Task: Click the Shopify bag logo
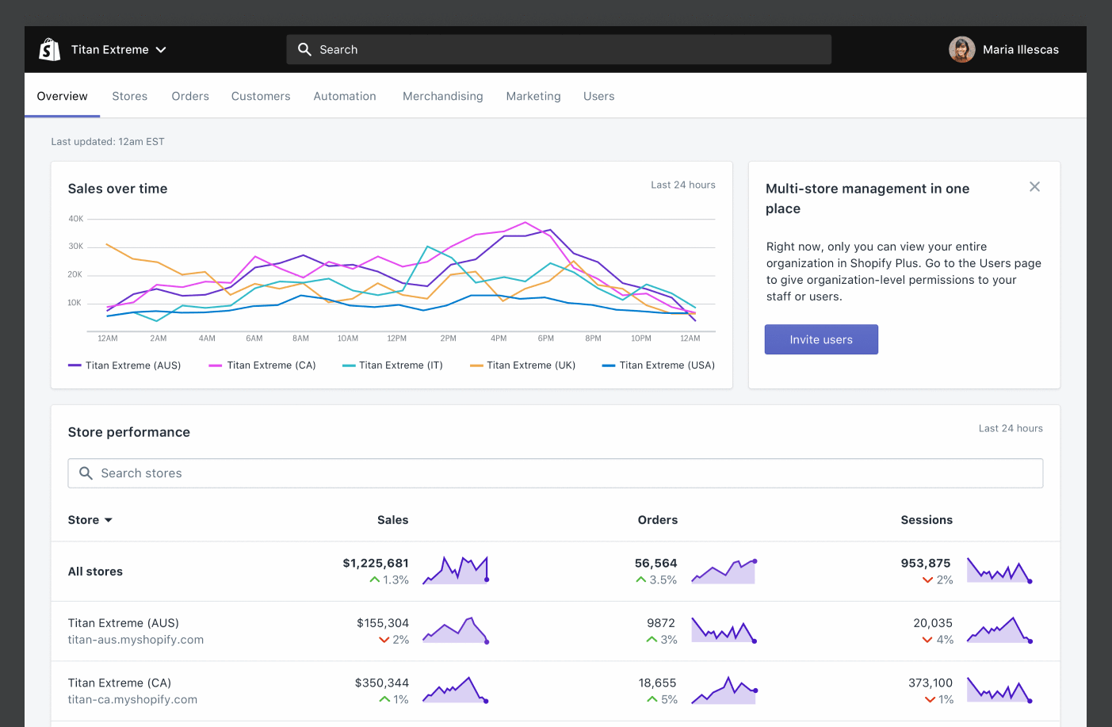point(50,49)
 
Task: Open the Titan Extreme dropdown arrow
point(161,50)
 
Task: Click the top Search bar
point(558,49)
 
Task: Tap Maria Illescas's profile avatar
point(961,49)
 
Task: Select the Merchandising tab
point(442,96)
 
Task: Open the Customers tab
point(261,96)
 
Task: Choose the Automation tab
point(345,96)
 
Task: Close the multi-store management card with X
point(1034,187)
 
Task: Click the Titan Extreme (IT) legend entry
point(392,365)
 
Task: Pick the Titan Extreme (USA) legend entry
point(659,365)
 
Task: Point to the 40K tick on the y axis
point(75,219)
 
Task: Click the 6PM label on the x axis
point(546,339)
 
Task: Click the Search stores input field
point(555,473)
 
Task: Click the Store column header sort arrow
point(109,520)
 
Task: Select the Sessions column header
point(926,520)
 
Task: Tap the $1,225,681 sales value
point(376,563)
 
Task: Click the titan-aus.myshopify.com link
point(136,640)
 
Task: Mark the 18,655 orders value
point(657,683)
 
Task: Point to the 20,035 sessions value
point(932,623)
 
